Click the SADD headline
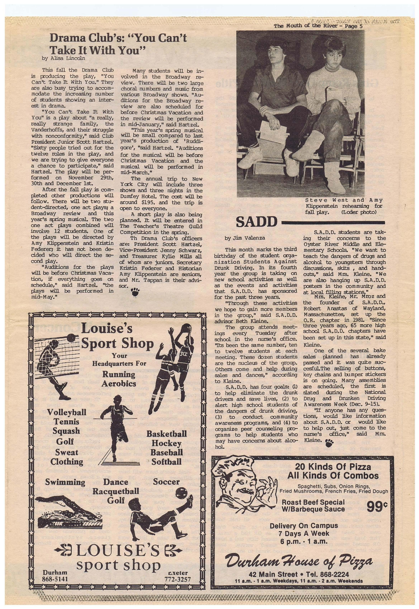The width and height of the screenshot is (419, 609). pos(257,222)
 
